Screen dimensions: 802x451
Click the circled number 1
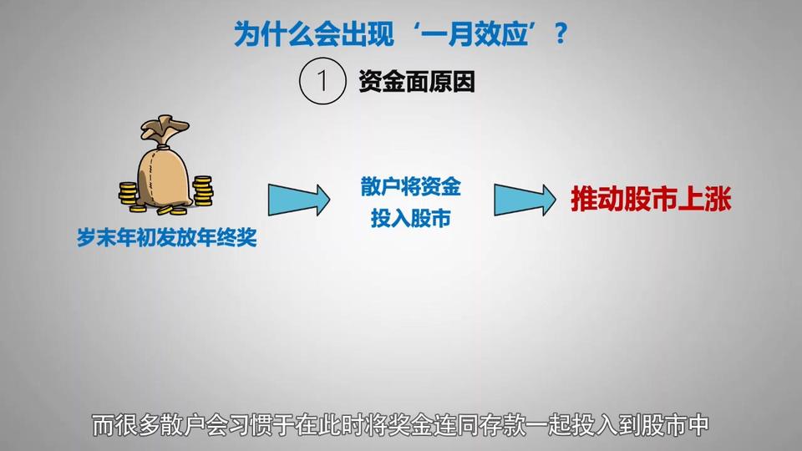(322, 81)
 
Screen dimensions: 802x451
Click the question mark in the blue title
(561, 33)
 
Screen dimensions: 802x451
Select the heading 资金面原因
(416, 82)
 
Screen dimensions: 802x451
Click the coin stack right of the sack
(203, 190)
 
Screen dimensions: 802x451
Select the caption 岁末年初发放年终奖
(167, 237)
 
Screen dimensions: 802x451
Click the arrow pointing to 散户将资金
(299, 200)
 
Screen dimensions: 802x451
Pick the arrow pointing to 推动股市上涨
(525, 200)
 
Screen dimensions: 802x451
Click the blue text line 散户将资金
(411, 186)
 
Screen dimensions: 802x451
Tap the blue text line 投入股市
(411, 218)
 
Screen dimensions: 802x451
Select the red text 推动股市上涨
(651, 199)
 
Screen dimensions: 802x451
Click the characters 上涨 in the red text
(704, 199)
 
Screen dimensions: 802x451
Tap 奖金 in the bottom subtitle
(411, 425)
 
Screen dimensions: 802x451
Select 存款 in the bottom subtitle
(502, 425)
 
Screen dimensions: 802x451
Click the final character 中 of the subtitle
(697, 425)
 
